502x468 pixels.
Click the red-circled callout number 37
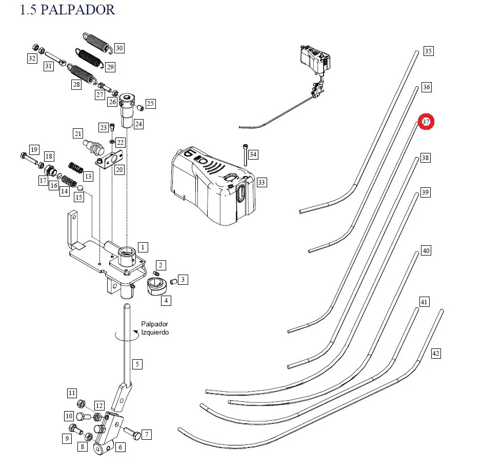pos(426,122)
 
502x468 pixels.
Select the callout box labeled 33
pos(262,183)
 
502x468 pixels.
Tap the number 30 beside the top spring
pos(119,48)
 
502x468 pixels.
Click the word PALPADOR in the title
pos(78,10)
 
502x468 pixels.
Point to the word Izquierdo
pos(155,332)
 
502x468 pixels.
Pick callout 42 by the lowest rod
pos(436,354)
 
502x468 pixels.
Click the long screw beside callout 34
pos(245,155)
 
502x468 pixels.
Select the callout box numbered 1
pos(143,247)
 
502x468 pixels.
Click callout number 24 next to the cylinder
pos(138,124)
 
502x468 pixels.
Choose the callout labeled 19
pos(34,150)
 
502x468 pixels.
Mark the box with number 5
pos(137,364)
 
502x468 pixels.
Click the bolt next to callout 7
pos(132,433)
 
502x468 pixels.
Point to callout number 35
pos(428,51)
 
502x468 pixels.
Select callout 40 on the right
pos(426,250)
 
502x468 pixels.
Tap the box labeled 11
pos(72,393)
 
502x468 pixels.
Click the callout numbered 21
pos(78,133)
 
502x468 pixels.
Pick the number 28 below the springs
pos(76,85)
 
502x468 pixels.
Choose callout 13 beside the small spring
pos(88,176)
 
